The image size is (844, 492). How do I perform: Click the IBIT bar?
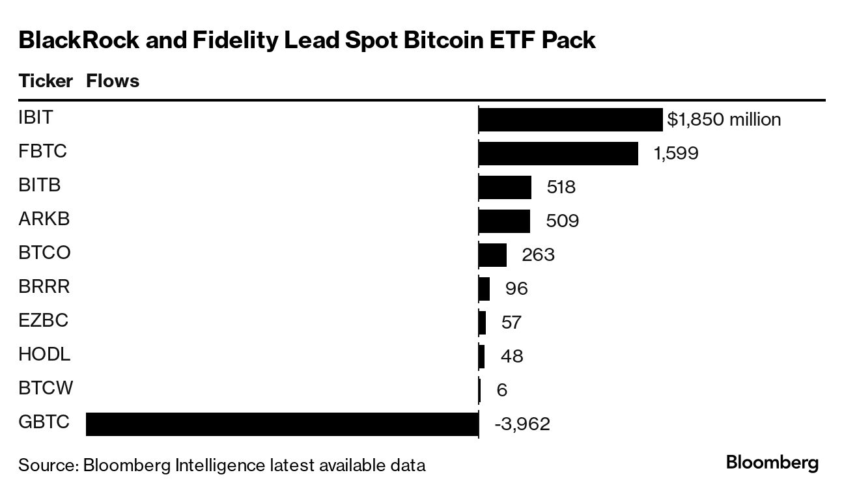pos(570,120)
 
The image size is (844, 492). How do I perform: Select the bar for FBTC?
pos(558,154)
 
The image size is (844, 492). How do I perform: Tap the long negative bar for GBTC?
pos(282,424)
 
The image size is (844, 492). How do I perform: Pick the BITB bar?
pos(505,187)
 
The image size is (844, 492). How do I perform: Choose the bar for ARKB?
pos(504,221)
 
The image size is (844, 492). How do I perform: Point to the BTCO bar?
pos(492,254)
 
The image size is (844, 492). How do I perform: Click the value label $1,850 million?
pos(724,120)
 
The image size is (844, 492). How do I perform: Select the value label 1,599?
pos(676,154)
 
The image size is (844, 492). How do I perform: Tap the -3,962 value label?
pos(522,424)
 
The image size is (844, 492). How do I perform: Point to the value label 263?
pos(538,254)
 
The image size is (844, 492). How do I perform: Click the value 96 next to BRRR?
pos(516,288)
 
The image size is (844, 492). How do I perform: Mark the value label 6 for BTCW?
pos(501,390)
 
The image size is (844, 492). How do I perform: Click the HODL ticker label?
pos(44,355)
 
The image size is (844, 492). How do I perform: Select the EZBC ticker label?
pos(43,321)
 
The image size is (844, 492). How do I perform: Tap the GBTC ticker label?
pos(44,422)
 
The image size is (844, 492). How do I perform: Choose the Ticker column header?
pos(46,81)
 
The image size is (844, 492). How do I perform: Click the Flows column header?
pos(113,81)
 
